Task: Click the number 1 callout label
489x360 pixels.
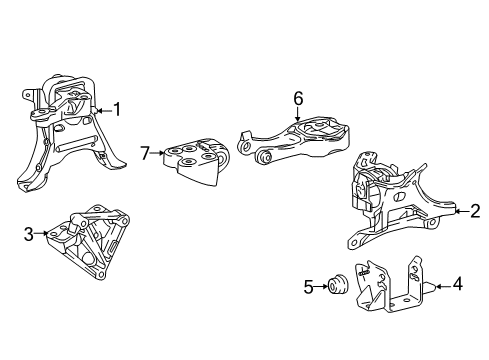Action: tap(118, 109)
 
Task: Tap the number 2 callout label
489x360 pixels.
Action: tap(474, 210)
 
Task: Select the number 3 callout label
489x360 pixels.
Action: tap(29, 235)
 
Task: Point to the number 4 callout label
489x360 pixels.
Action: tap(457, 284)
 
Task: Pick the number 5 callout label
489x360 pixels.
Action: tap(308, 288)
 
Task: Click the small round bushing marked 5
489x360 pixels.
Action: tap(336, 288)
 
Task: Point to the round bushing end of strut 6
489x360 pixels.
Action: tap(266, 155)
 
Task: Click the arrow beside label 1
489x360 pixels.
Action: tap(103, 109)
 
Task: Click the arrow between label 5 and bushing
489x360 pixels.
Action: tap(320, 288)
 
